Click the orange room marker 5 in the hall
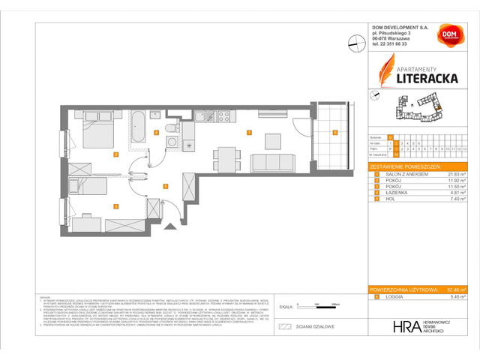[x=164, y=184]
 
